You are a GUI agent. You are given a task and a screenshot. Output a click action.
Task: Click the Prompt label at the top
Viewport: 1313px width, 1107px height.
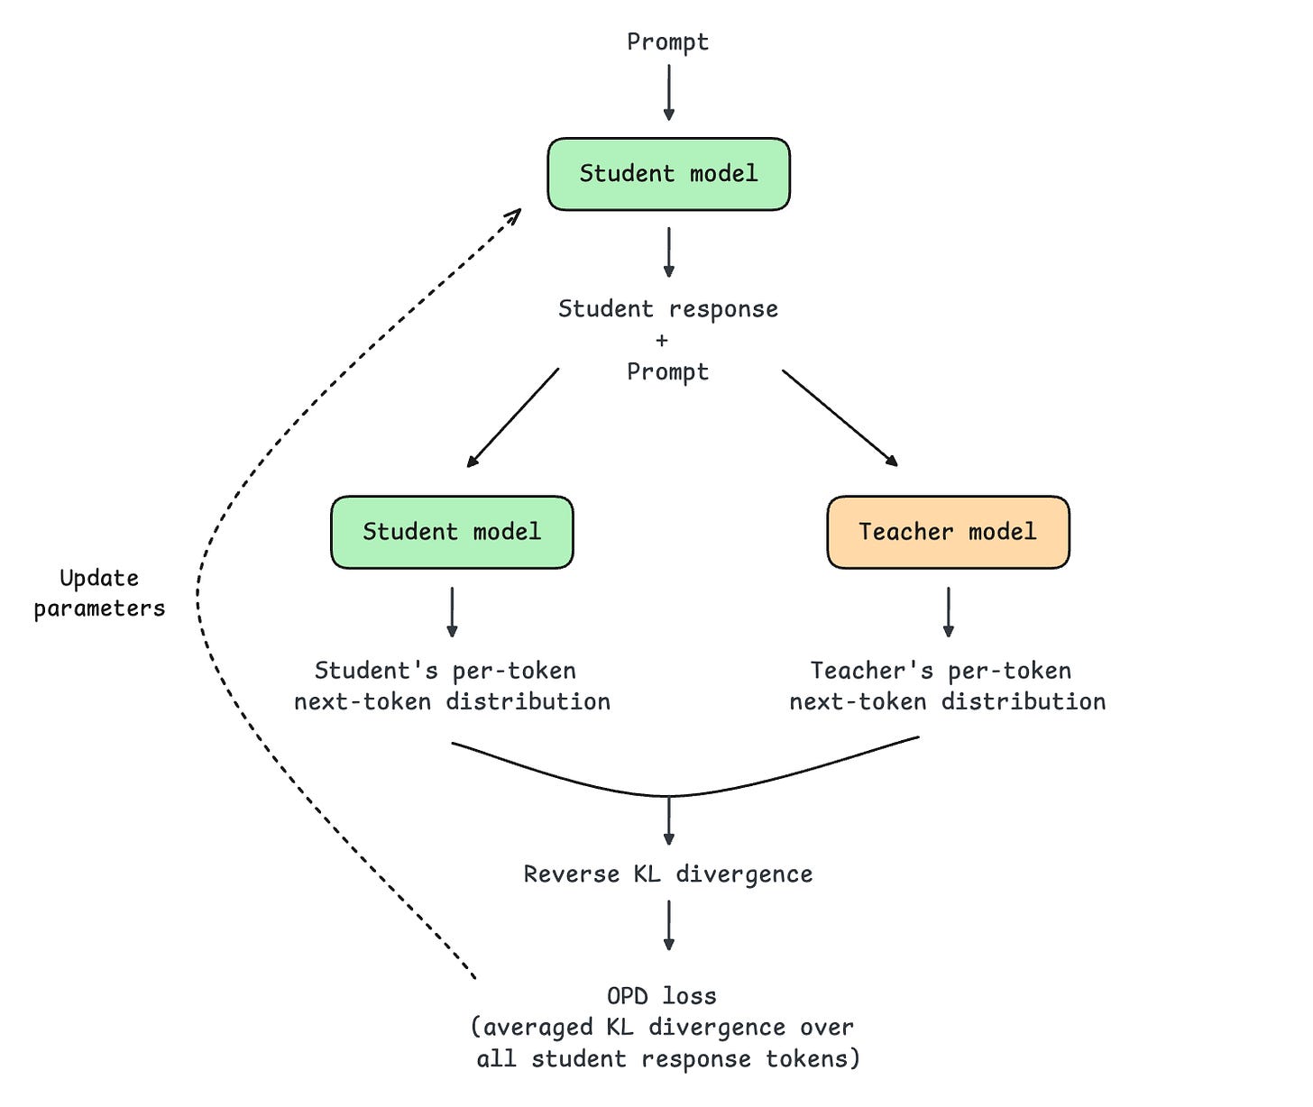[667, 42]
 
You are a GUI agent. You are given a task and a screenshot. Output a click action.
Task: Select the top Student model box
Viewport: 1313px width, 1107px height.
[668, 174]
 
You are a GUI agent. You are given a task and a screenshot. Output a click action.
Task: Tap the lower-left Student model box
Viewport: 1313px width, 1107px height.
[452, 532]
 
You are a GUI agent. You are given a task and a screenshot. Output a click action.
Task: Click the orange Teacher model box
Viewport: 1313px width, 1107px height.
[948, 532]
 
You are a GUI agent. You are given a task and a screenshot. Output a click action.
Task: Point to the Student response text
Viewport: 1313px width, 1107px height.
[668, 308]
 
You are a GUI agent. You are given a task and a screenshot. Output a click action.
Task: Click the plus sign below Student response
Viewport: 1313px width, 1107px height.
[662, 340]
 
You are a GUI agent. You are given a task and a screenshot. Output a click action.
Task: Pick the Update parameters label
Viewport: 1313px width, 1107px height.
[99, 593]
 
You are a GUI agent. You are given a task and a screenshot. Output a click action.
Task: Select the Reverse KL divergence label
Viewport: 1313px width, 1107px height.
[668, 874]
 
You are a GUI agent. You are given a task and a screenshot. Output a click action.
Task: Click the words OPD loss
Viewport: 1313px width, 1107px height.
[662, 996]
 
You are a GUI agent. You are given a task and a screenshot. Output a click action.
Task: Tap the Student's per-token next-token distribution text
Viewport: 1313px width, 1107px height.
[452, 686]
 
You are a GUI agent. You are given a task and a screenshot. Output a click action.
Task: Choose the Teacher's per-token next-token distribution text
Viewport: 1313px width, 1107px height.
[948, 686]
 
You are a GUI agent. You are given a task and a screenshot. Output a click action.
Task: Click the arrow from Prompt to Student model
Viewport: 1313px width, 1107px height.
[668, 93]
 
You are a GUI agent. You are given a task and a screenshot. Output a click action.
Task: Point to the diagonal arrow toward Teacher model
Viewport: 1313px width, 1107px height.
[840, 417]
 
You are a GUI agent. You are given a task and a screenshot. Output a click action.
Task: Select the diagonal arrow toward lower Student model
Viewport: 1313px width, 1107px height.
[512, 417]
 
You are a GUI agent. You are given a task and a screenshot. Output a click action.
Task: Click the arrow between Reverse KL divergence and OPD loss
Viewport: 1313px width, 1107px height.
[668, 925]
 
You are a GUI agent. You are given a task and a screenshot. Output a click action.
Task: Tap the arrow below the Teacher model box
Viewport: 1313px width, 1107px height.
[949, 612]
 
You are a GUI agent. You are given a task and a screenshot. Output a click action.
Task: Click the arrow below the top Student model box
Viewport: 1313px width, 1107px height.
[668, 252]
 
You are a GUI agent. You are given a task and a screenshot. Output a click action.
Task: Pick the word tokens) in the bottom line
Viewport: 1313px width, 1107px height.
[813, 1058]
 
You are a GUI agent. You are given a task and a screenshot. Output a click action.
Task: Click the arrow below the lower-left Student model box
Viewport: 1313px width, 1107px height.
[452, 612]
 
